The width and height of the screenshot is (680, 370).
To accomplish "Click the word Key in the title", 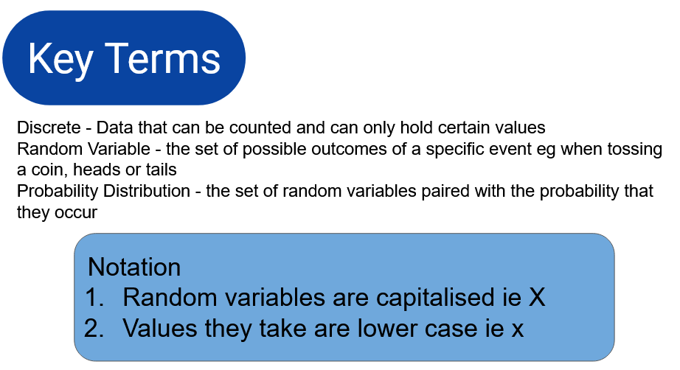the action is coord(60,60).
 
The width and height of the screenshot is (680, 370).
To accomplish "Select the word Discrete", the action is coord(49,128).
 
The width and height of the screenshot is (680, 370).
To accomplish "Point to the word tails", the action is coord(161,170).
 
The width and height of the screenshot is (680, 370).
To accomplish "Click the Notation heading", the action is coord(134,267).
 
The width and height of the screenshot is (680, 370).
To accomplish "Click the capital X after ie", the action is coord(537,298).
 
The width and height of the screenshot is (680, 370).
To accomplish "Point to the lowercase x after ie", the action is coord(517,330).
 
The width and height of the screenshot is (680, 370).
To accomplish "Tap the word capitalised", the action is coord(435,298).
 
